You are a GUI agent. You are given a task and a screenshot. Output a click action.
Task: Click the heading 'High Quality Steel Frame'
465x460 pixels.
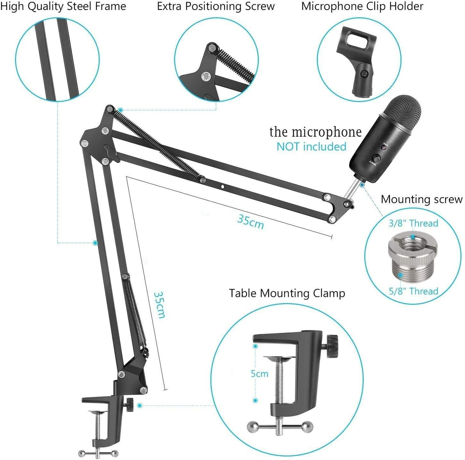63,7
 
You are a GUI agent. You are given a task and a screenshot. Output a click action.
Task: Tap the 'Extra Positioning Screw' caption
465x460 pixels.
216,7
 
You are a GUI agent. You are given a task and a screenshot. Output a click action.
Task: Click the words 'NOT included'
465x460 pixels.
311,146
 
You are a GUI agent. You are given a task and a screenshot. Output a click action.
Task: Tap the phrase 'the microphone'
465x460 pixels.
315,132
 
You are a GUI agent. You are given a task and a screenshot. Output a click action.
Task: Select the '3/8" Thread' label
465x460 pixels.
413,223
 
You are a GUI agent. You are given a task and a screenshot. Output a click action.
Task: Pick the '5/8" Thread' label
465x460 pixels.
413,291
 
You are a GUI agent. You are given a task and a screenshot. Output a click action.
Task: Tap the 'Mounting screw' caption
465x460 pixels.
421,199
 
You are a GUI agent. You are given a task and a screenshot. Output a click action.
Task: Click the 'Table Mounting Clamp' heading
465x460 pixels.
287,293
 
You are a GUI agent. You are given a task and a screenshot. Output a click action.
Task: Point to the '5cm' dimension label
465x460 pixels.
259,373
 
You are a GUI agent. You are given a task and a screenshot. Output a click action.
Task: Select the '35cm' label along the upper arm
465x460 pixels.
251,221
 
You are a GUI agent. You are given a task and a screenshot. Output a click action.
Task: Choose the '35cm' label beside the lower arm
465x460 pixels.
159,305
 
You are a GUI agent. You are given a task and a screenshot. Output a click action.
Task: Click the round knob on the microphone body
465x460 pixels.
377,158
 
